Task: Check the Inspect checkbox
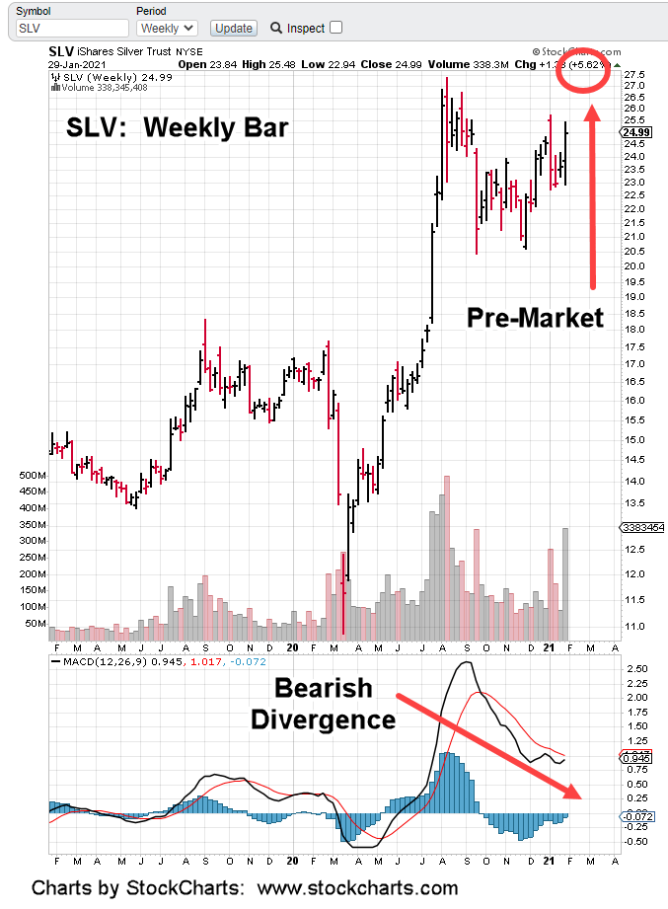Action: pos(335,28)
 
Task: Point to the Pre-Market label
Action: pos(534,318)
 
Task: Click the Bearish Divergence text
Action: pos(322,704)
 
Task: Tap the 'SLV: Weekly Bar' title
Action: pos(177,128)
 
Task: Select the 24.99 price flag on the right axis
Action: pos(634,131)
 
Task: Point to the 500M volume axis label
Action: pos(32,475)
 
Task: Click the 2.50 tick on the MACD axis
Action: pos(634,669)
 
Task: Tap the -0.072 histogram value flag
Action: pos(636,816)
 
